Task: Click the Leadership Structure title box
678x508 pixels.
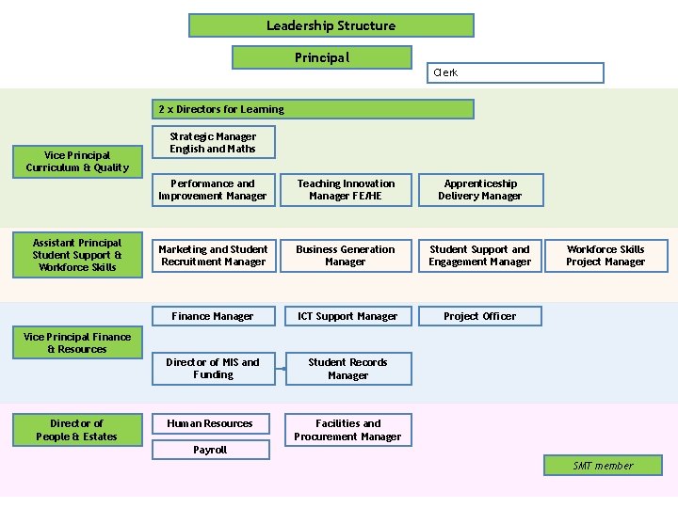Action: pyautogui.click(x=331, y=25)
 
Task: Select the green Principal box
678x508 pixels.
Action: pyautogui.click(x=321, y=57)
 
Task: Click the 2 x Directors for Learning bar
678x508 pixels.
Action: pyautogui.click(x=314, y=109)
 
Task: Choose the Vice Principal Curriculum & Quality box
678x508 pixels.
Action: pyautogui.click(x=77, y=162)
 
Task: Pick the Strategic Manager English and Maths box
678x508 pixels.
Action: pyautogui.click(x=212, y=142)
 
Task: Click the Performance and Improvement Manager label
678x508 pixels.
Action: pyautogui.click(x=212, y=190)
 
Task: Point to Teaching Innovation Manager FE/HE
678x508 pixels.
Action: pyautogui.click(x=346, y=190)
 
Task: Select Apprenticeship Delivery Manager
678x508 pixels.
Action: pyautogui.click(x=479, y=190)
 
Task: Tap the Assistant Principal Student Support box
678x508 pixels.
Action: pyautogui.click(x=77, y=255)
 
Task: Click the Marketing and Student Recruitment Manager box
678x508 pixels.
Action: pyautogui.click(x=213, y=256)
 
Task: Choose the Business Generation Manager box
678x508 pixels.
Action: pyautogui.click(x=346, y=256)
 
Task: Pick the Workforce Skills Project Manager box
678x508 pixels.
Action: pyautogui.click(x=605, y=256)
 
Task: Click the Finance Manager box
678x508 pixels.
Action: pyautogui.click(x=213, y=316)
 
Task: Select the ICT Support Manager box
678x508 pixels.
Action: pyautogui.click(x=347, y=316)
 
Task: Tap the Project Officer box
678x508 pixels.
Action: pyautogui.click(x=479, y=316)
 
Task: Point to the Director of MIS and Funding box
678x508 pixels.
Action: pyautogui.click(x=213, y=369)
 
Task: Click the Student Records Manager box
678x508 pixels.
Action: pyautogui.click(x=347, y=369)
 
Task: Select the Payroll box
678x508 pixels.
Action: pyautogui.click(x=211, y=451)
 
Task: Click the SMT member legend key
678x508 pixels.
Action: pyautogui.click(x=603, y=466)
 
